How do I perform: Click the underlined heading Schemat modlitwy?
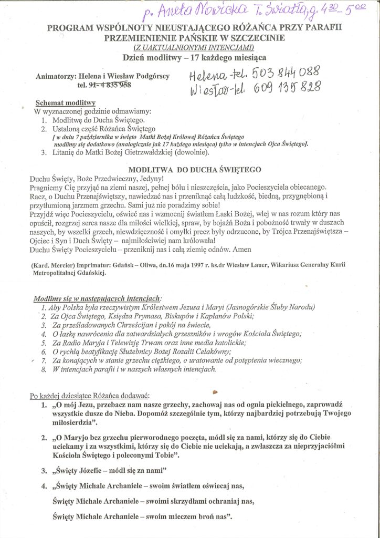tap(65, 102)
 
